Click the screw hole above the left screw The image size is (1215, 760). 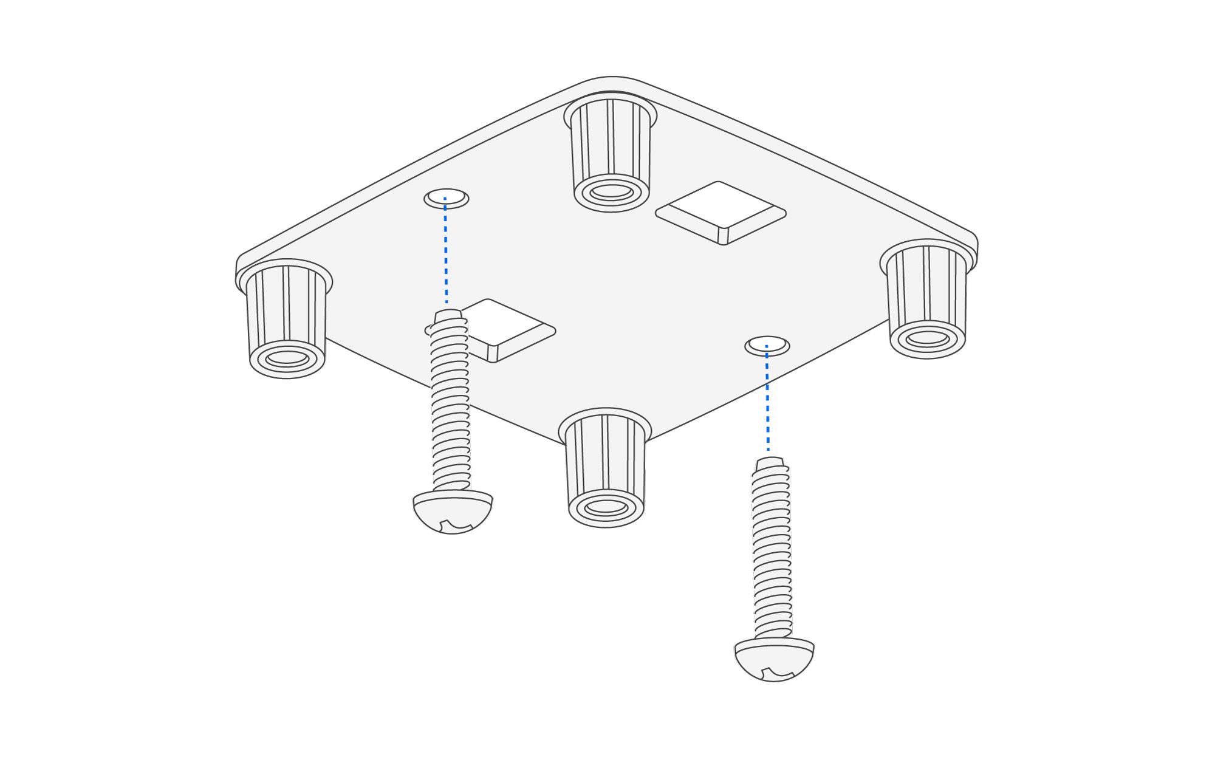447,197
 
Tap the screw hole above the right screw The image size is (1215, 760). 767,345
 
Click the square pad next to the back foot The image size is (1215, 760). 720,211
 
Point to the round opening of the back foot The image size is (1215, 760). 612,191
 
